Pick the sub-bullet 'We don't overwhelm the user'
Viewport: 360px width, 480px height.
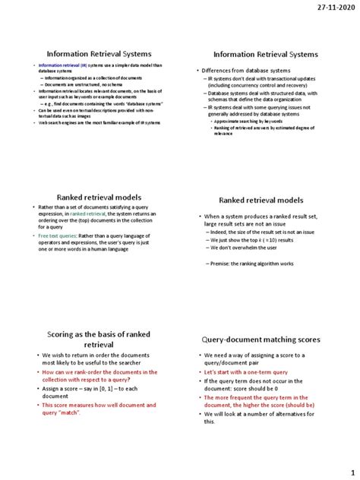(x=243, y=248)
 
